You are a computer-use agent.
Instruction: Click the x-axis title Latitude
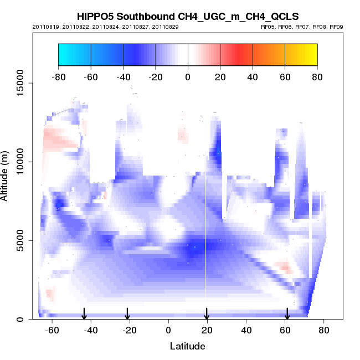click(187, 347)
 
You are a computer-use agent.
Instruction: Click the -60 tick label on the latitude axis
click(52, 330)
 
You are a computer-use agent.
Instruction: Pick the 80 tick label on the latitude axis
click(324, 330)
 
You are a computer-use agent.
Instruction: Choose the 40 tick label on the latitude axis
click(246, 330)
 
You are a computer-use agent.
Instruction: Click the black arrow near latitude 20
click(207, 314)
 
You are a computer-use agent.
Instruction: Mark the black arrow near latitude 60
click(287, 314)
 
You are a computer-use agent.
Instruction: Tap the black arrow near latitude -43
click(84, 314)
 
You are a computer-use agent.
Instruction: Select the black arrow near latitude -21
click(127, 314)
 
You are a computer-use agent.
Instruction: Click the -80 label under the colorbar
click(58, 77)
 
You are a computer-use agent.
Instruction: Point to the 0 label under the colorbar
click(188, 77)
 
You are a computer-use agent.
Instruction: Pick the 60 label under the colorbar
click(285, 77)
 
